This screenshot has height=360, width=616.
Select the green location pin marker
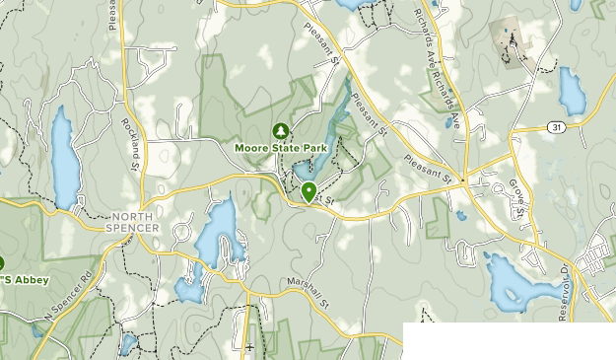click(308, 192)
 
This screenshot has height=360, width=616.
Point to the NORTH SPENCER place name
click(135, 222)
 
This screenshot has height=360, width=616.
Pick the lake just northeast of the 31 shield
click(571, 91)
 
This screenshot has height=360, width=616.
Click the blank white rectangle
click(509, 340)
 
